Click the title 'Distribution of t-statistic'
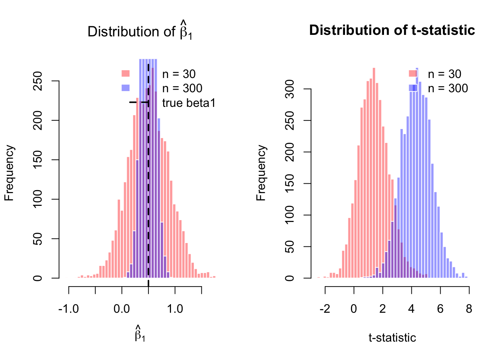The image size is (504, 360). (392, 30)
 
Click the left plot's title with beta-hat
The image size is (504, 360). (139, 31)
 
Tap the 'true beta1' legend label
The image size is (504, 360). (189, 103)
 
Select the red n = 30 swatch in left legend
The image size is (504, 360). (125, 73)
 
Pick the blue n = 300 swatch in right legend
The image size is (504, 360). (412, 88)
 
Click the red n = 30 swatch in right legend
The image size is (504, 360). (412, 73)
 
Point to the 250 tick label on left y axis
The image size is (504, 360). (37, 81)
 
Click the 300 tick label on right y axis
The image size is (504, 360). (289, 89)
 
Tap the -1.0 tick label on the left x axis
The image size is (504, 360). (68, 309)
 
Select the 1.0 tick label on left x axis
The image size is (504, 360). (175, 309)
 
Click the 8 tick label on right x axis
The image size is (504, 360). (469, 309)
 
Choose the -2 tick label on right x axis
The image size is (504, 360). (325, 309)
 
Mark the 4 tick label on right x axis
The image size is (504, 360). (411, 309)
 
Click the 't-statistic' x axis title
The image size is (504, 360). (392, 338)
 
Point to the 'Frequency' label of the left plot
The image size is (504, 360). (9, 173)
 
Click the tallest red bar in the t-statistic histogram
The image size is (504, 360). (374, 172)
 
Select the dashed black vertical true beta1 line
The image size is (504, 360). (148, 187)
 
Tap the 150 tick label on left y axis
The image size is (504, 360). (37, 160)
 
